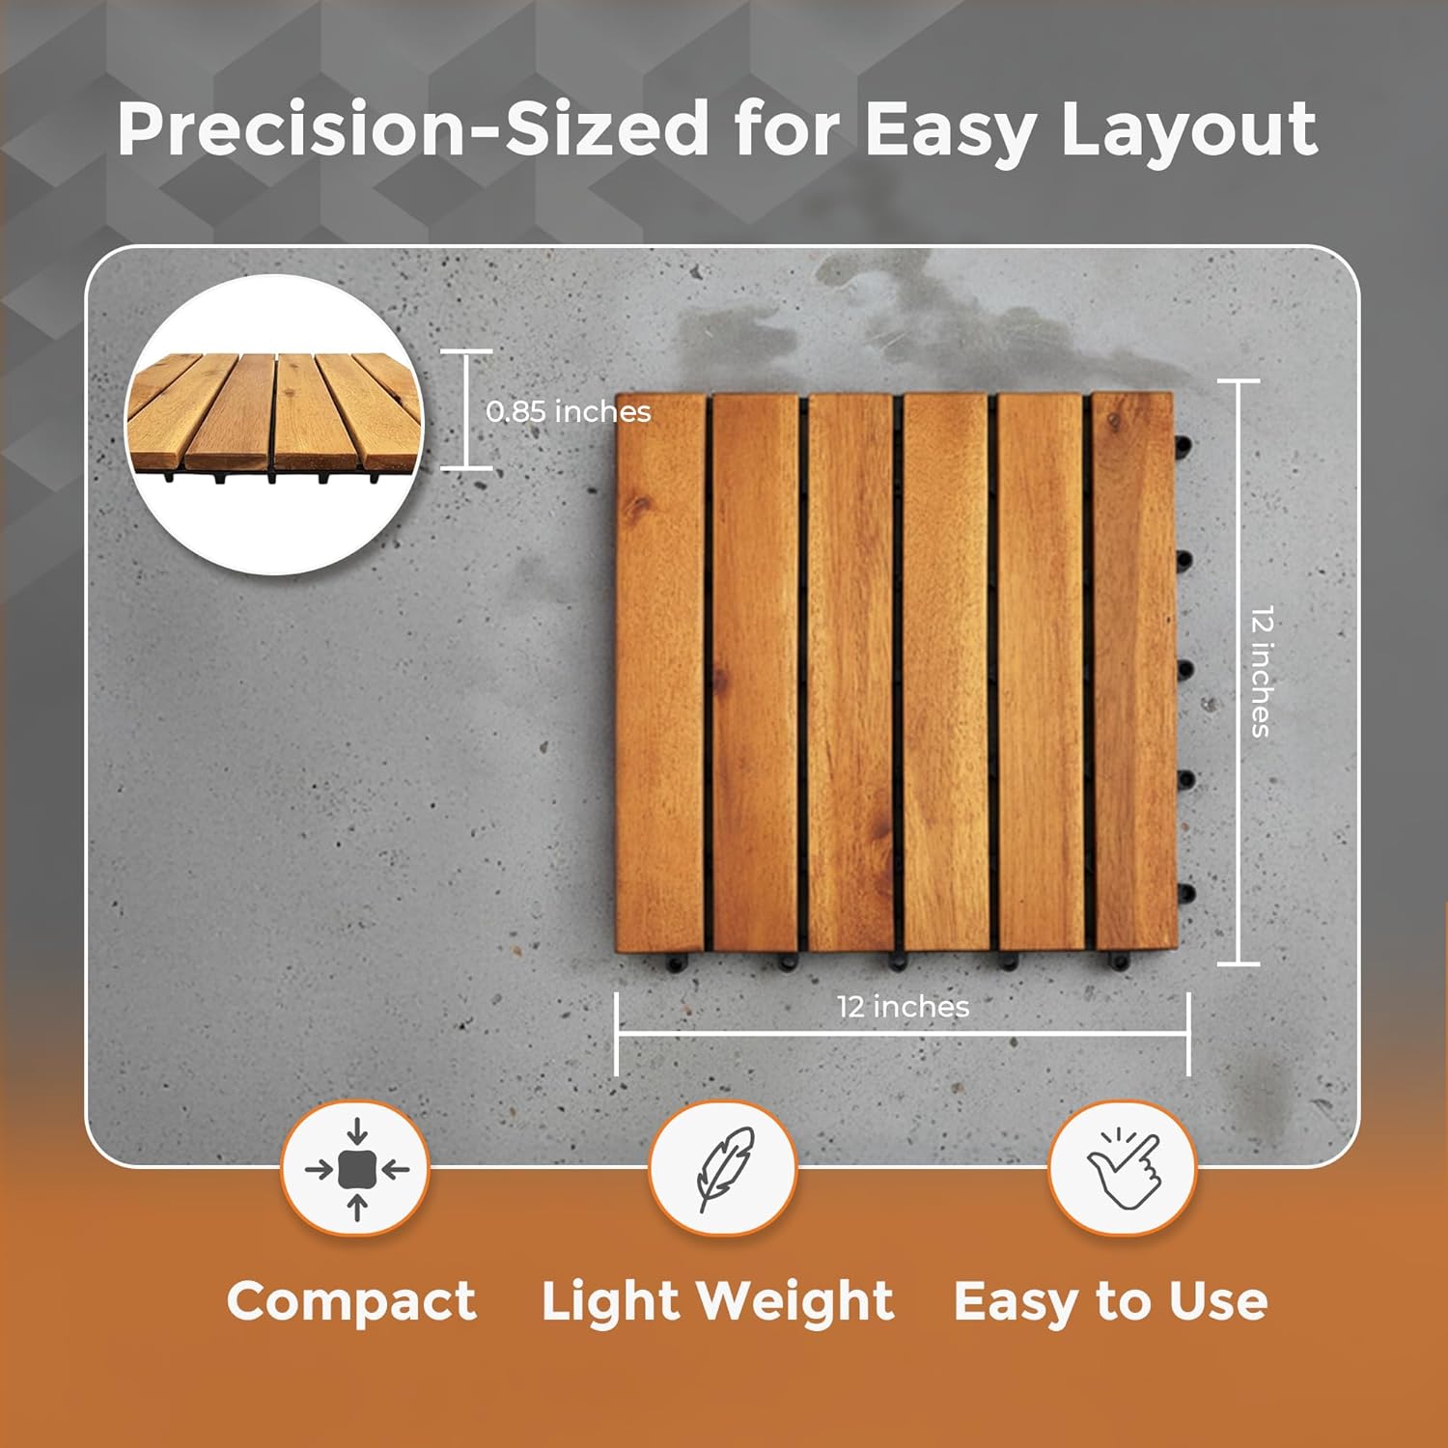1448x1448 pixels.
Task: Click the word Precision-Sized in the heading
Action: click(x=413, y=130)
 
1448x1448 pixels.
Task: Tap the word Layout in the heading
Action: click(x=1188, y=130)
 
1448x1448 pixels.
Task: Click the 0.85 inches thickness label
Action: click(x=569, y=412)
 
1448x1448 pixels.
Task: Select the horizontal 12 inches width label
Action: click(x=903, y=1007)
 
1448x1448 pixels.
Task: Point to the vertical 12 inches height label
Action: click(x=1261, y=672)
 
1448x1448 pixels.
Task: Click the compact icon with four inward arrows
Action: click(x=356, y=1169)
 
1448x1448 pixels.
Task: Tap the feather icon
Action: click(x=724, y=1169)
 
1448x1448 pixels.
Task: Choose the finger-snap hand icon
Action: click(x=1123, y=1169)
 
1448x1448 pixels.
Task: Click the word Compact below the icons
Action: click(x=351, y=1301)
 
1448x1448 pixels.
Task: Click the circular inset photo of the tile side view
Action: click(x=276, y=425)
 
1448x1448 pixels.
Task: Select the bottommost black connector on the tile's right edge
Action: click(x=1185, y=894)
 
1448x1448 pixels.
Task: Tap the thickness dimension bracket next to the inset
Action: click(x=467, y=410)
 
